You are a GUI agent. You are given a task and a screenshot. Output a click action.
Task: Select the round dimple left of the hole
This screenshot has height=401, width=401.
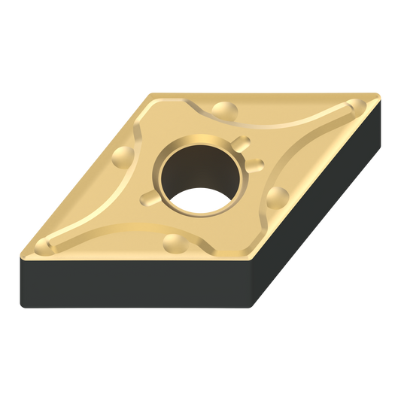(x=122, y=156)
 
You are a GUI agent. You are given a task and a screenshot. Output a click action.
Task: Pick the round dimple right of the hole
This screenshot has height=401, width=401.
(x=277, y=197)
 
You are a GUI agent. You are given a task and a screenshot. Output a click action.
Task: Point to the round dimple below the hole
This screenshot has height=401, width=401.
(x=175, y=242)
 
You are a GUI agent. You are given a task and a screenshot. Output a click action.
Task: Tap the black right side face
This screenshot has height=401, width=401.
(x=316, y=211)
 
